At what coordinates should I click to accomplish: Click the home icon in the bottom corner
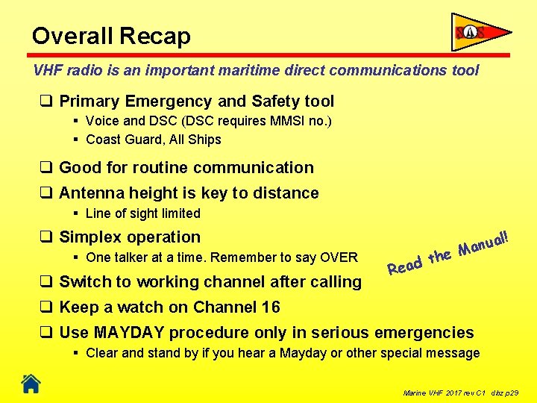[31, 384]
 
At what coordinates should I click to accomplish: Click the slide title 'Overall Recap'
[111, 36]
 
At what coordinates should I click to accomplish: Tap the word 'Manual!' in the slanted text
[483, 243]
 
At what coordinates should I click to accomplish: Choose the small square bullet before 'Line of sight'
[77, 213]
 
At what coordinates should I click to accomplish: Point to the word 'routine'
[159, 168]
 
